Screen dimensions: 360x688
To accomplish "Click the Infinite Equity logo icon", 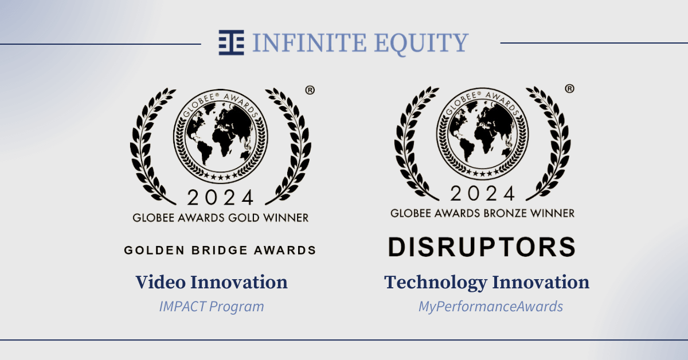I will click(x=230, y=42).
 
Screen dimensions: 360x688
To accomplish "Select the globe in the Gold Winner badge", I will click(x=221, y=136).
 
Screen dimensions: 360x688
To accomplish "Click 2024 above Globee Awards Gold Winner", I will click(x=220, y=198).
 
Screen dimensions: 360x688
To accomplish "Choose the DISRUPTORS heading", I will click(x=482, y=246).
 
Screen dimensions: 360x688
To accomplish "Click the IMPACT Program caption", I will click(x=212, y=306).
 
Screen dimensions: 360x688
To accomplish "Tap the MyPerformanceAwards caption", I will click(x=490, y=306).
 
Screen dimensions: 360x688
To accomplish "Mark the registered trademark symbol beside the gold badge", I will click(x=310, y=90).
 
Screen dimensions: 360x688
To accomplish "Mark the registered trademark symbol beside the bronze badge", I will click(x=570, y=88).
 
